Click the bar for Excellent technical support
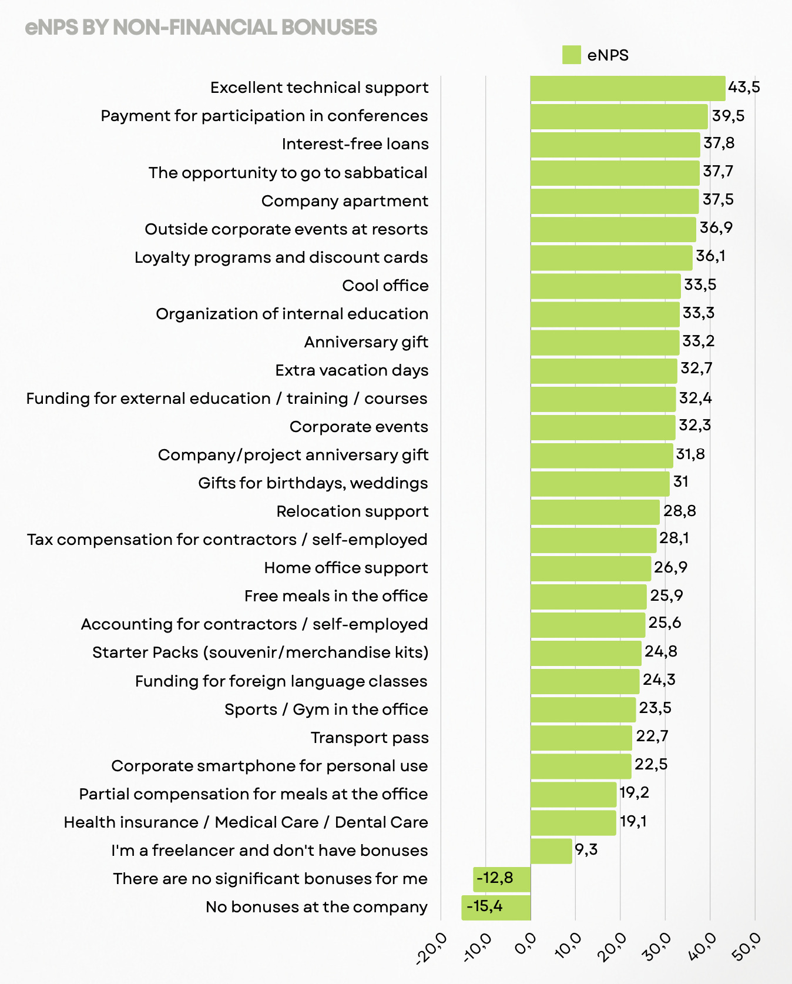(627, 88)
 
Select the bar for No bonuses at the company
(496, 908)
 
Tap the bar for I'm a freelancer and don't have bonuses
(551, 851)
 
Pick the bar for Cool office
(605, 286)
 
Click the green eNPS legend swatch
(571, 55)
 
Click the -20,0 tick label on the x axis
(432, 948)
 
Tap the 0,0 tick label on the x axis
(525, 945)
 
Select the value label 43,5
(744, 88)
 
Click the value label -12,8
(495, 878)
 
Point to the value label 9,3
(586, 849)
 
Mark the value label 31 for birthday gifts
(681, 482)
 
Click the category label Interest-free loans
(355, 144)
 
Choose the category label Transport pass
(370, 738)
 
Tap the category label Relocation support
(352, 511)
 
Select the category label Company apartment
(345, 201)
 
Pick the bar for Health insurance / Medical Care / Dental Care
(573, 822)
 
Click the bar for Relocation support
(595, 512)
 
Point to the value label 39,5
(728, 116)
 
